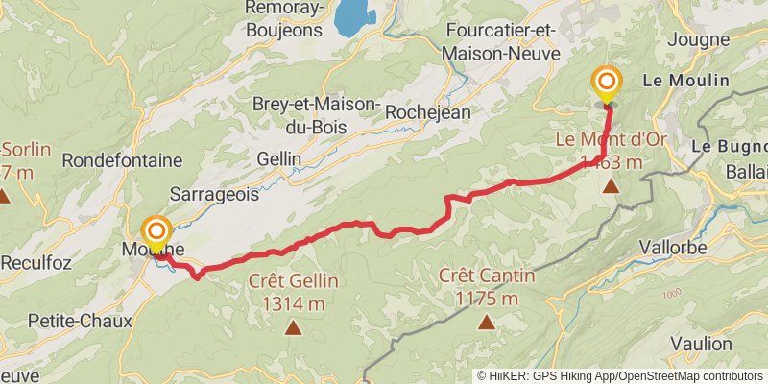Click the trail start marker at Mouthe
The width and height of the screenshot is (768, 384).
(156, 231)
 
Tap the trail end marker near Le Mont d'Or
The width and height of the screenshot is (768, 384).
(607, 81)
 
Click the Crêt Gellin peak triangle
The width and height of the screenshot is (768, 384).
(293, 327)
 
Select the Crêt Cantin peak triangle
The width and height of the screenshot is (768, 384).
(487, 322)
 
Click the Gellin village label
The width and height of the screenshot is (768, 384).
(278, 158)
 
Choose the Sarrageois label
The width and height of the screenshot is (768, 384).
(214, 194)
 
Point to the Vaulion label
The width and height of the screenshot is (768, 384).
(702, 344)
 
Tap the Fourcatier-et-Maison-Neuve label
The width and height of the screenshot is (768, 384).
(501, 42)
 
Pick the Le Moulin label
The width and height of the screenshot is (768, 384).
(687, 81)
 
